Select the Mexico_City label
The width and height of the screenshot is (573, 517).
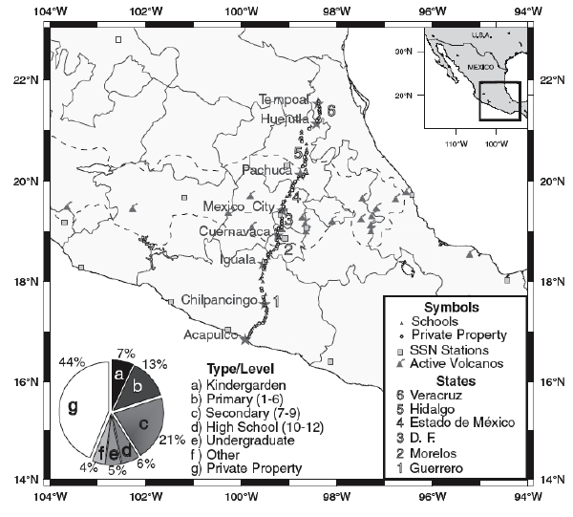point(239,207)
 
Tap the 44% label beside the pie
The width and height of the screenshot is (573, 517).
point(73,364)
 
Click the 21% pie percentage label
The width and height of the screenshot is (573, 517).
point(172,441)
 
